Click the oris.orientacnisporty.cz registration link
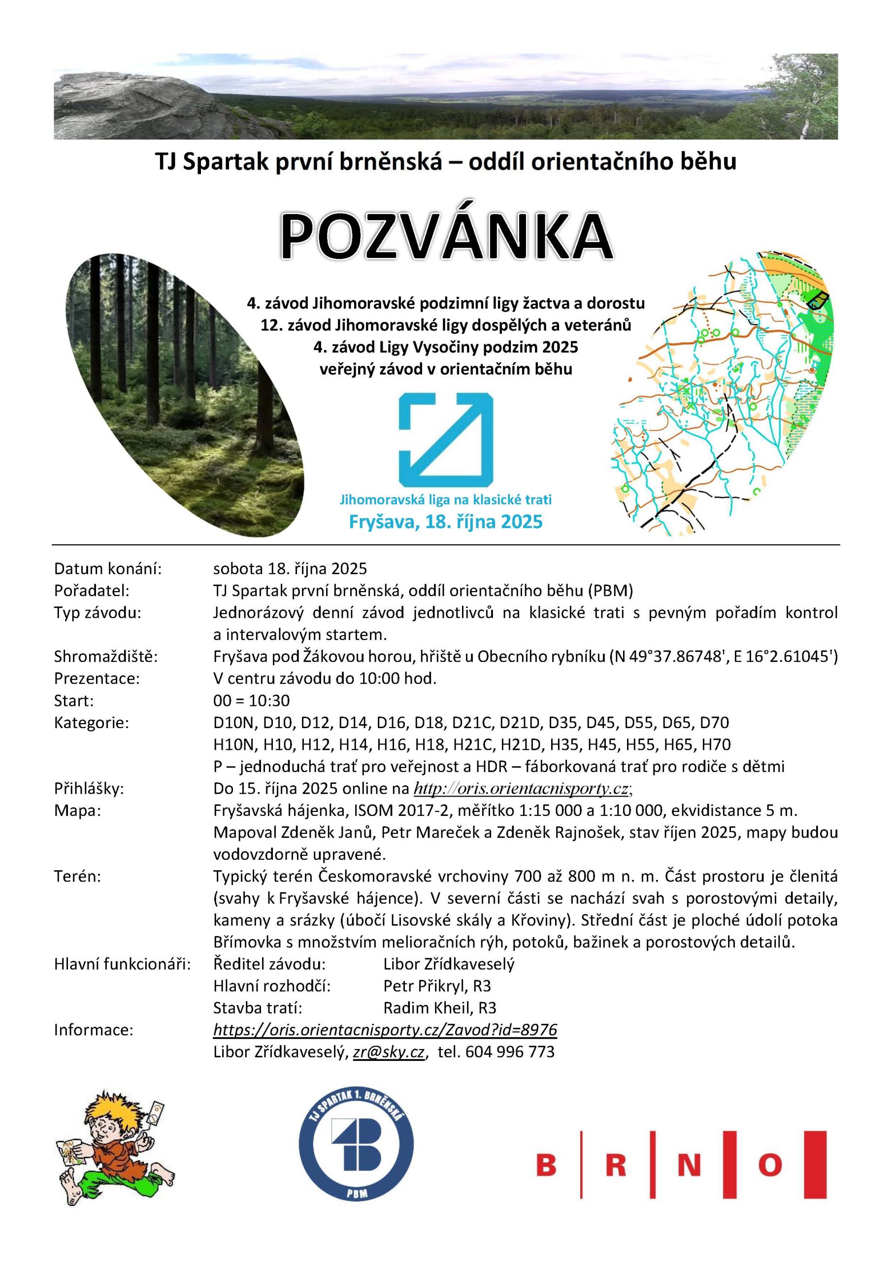coord(521,788)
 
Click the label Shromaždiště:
coord(106,656)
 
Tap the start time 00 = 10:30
coord(251,700)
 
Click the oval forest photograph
coord(181,396)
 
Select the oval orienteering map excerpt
coord(725,396)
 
